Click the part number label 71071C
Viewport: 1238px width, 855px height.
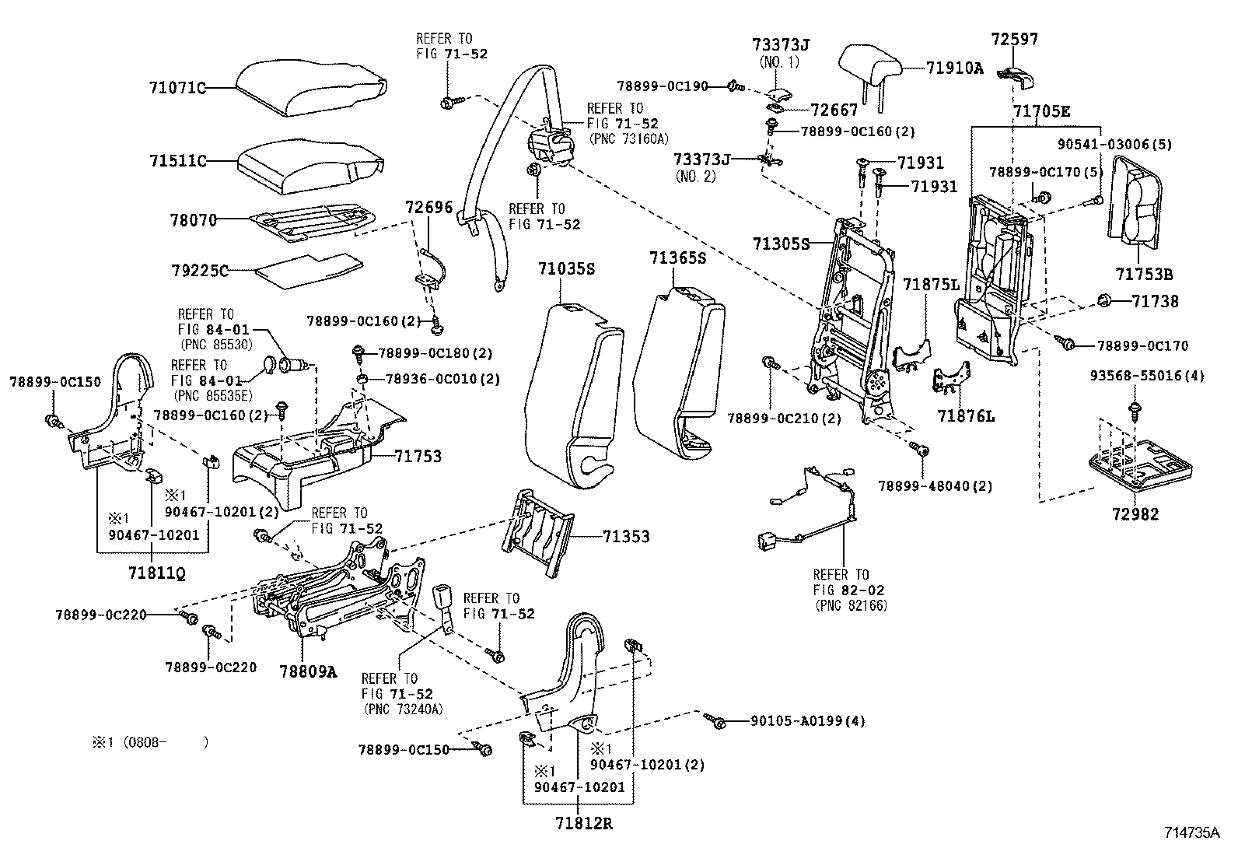click(178, 88)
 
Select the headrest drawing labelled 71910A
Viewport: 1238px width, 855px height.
click(870, 65)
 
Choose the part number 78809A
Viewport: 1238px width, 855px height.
click(308, 671)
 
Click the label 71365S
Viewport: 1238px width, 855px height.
click(678, 258)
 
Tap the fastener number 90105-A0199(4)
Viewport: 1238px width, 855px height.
click(807, 721)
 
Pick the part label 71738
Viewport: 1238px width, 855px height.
click(1155, 301)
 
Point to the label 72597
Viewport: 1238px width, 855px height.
click(1015, 39)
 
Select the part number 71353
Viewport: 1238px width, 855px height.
click(626, 536)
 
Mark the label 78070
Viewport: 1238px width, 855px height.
click(194, 220)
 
